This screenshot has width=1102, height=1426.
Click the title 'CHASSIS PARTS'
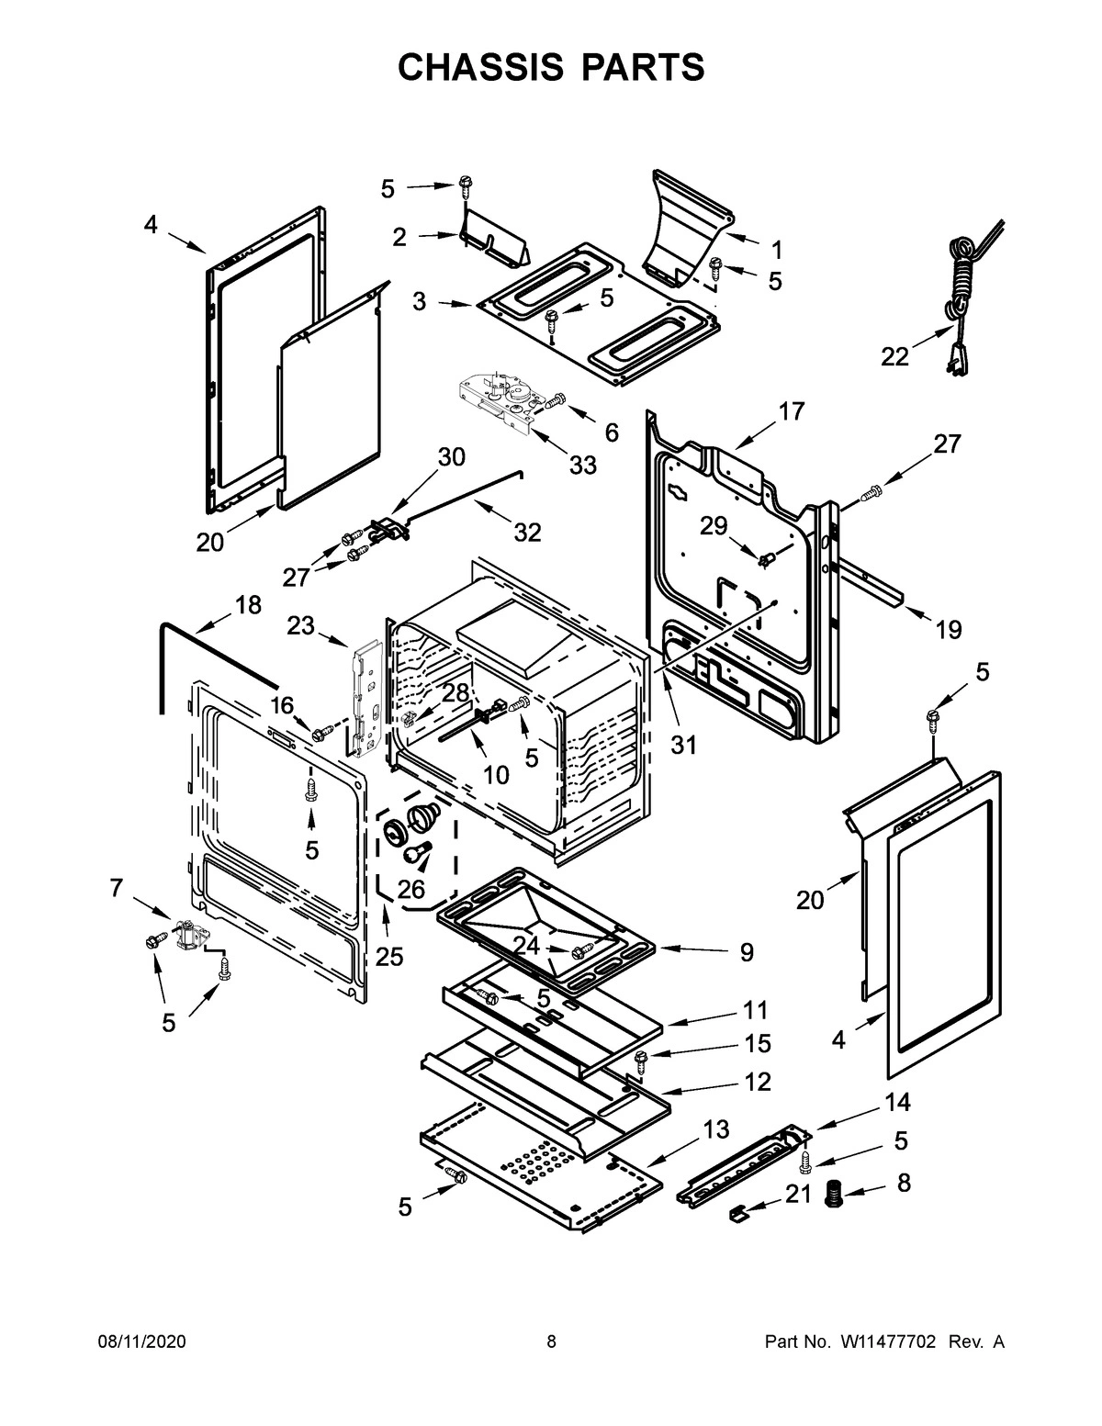tap(551, 68)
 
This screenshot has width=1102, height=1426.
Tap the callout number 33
tap(581, 465)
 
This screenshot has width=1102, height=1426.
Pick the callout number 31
tap(682, 745)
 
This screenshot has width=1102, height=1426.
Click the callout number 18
tap(248, 605)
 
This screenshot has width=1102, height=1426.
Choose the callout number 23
tap(300, 625)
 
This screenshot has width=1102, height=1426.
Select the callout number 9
tap(746, 952)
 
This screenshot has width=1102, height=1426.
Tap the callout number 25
tap(389, 957)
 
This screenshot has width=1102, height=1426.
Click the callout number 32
tap(527, 532)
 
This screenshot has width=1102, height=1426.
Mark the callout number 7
tap(116, 887)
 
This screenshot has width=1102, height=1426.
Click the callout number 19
tap(948, 630)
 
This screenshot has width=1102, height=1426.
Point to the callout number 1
tap(776, 249)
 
